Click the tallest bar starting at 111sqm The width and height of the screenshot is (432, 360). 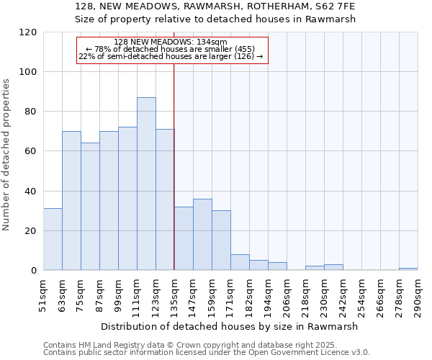(x=146, y=184)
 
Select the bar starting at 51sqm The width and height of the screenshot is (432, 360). (x=53, y=240)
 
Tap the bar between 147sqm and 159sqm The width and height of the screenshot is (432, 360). (x=202, y=235)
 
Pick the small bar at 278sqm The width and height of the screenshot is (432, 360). (x=408, y=269)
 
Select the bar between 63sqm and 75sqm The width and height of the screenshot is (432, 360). (x=71, y=201)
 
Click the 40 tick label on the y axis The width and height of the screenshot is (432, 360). (x=31, y=192)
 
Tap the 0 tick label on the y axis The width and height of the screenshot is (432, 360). (x=34, y=271)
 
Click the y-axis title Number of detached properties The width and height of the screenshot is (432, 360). (x=6, y=155)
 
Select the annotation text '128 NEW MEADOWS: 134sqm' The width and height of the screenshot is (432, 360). (x=171, y=42)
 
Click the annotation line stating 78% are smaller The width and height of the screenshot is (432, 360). (x=171, y=49)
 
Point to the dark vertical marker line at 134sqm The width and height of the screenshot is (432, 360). (x=174, y=166)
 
